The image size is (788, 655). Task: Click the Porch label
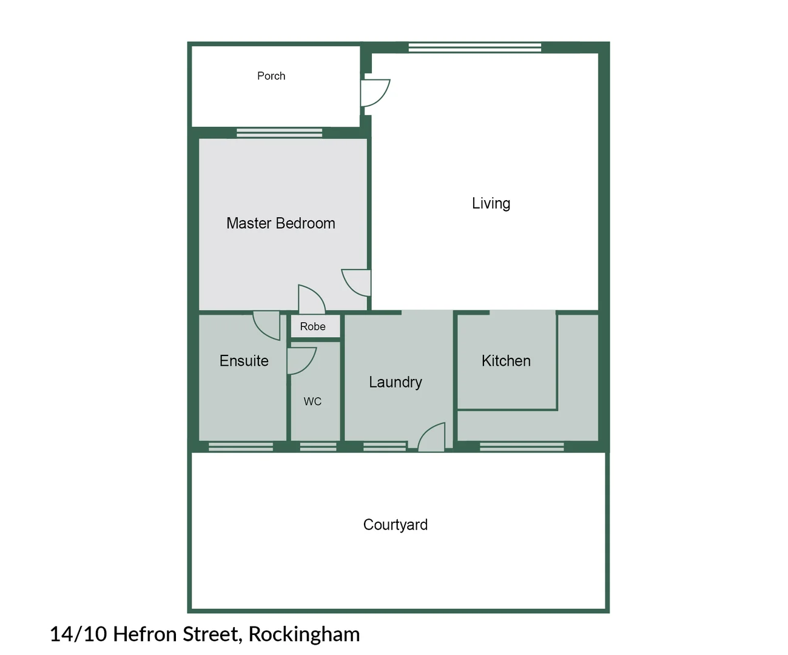[271, 76]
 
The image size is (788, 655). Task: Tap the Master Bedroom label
[280, 223]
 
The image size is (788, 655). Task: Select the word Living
[491, 203]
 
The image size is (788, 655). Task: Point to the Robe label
[312, 326]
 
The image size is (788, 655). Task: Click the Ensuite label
[244, 361]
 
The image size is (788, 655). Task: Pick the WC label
[312, 401]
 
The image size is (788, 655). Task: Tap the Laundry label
[395, 382]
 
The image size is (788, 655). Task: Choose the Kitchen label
[506, 361]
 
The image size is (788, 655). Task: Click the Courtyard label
[395, 525]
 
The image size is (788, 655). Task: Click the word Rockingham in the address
[304, 634]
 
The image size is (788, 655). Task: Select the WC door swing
[301, 360]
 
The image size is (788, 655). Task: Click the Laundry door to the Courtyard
[432, 438]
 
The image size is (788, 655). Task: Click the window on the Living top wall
[474, 47]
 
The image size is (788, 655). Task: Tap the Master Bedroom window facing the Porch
[279, 133]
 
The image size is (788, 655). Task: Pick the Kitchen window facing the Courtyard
[522, 447]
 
